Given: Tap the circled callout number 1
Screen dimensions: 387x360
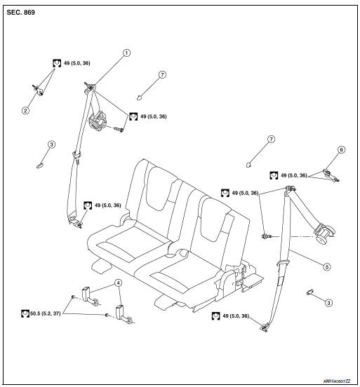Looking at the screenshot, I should click(127, 52).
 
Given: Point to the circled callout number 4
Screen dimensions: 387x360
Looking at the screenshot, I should click(119, 283).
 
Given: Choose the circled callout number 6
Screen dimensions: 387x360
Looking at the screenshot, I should click(341, 149).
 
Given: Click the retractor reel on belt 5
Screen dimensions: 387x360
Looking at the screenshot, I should click(325, 233).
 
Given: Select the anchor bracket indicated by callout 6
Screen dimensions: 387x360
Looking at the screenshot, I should click(328, 169).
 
